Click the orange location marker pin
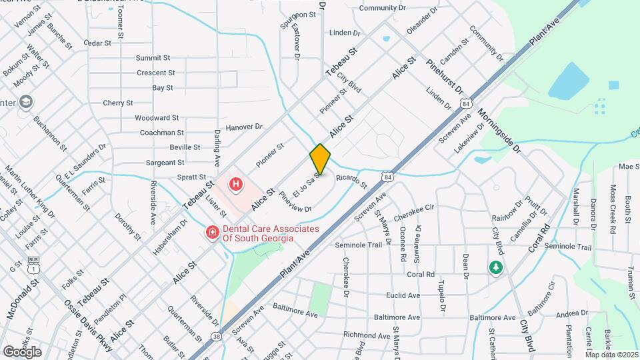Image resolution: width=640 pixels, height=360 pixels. (x=320, y=159)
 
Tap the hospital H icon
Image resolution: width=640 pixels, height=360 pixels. (x=235, y=184)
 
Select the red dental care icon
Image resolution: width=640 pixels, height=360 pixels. (x=211, y=233)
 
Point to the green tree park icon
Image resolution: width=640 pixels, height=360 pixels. (x=495, y=267)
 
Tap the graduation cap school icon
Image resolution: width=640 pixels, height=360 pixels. (x=26, y=102)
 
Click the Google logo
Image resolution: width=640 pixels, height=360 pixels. (x=22, y=351)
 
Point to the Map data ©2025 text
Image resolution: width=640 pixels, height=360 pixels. (x=611, y=354)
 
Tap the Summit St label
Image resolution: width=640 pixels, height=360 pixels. (x=153, y=58)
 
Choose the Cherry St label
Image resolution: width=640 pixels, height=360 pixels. (x=118, y=103)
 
